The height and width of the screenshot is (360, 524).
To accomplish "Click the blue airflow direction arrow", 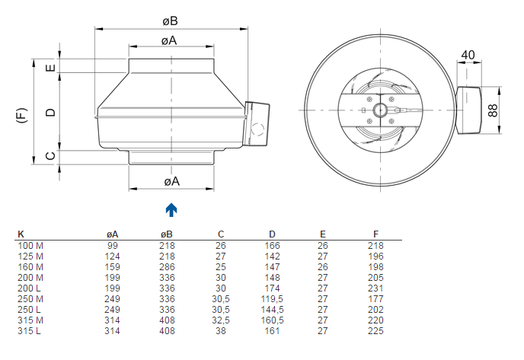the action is (171, 210).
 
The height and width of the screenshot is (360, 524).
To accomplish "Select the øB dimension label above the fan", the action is (170, 21).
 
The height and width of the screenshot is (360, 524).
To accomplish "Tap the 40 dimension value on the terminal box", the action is (468, 55).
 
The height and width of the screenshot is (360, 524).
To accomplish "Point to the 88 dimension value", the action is (493, 110).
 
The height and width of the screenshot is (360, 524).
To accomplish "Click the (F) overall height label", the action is (22, 115).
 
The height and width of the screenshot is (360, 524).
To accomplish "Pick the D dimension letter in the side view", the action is (50, 112).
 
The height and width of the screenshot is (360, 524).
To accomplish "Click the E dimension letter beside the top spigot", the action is (50, 68).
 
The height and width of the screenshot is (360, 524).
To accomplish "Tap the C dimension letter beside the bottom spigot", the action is (50, 155).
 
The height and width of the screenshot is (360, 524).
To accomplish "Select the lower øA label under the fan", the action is (172, 181).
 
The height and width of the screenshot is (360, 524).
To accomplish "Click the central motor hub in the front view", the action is (380, 110).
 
